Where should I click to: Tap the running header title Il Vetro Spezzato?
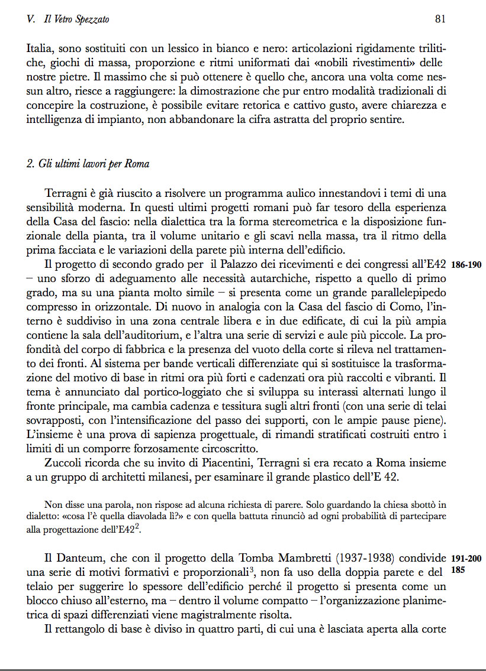click(76, 20)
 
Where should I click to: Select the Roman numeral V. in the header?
click(32, 20)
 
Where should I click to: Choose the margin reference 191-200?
click(466, 558)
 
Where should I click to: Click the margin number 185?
click(459, 571)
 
